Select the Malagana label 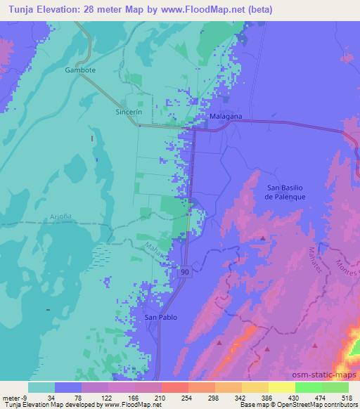pos(226,117)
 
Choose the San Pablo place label pos(160,318)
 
